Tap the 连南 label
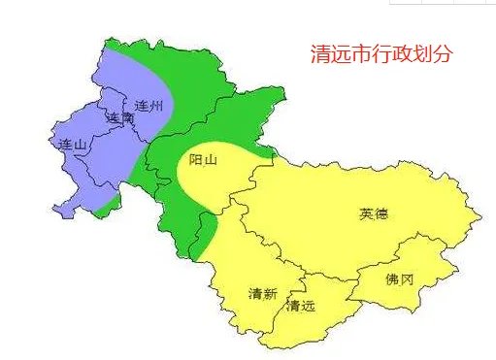[119, 117]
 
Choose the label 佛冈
[399, 279]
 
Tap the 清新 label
[263, 293]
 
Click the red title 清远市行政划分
[380, 54]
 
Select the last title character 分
[444, 54]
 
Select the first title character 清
[315, 54]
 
